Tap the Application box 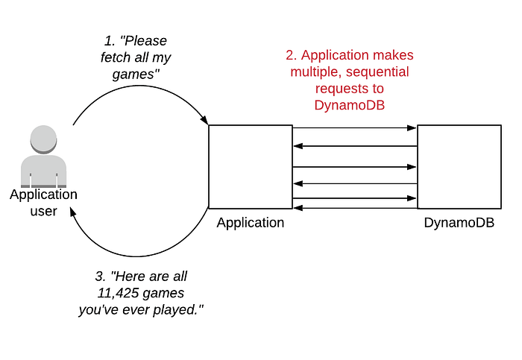click(250, 167)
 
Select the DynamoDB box click(459, 167)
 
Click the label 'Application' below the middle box click(250, 223)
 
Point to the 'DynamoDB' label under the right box click(459, 223)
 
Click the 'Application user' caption click(43, 203)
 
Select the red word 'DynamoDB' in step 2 click(350, 105)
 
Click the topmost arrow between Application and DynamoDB click(354, 129)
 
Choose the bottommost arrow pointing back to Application click(354, 206)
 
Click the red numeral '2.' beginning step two click(292, 56)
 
